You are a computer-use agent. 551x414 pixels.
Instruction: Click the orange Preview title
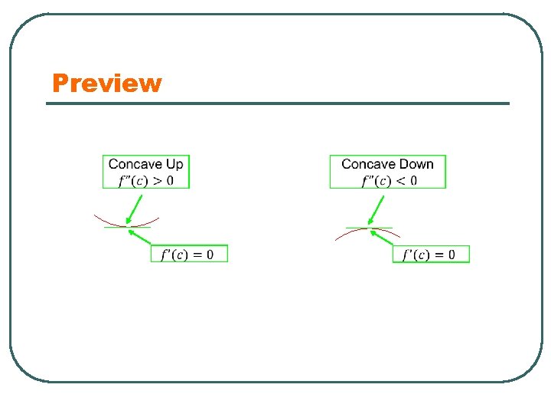pos(107,83)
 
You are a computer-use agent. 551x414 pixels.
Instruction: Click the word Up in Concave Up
pos(174,164)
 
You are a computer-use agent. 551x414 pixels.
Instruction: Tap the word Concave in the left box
pos(135,164)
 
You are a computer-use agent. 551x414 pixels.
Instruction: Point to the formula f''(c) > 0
pos(145,181)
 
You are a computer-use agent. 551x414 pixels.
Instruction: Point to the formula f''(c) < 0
pos(389,181)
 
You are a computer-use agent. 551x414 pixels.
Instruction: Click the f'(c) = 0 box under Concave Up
pos(189,254)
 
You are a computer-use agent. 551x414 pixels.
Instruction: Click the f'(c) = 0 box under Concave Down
pos(431,254)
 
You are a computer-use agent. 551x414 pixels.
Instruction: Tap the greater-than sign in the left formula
pos(158,181)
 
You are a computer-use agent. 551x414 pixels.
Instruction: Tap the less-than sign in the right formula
pos(401,181)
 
